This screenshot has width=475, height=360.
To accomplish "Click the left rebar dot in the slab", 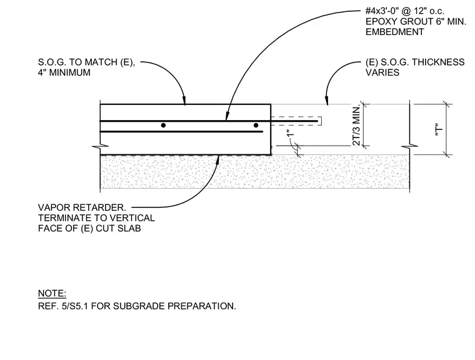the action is pyautogui.click(x=163, y=125).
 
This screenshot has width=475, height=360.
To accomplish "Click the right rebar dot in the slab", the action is pyautogui.click(x=256, y=125).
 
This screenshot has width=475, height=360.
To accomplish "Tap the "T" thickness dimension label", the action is pyautogui.click(x=439, y=129).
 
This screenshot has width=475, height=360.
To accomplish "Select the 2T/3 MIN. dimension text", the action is pyautogui.click(x=356, y=126).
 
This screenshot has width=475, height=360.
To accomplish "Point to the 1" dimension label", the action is pyautogui.click(x=290, y=133).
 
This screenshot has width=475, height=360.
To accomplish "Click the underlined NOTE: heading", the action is pyautogui.click(x=52, y=293).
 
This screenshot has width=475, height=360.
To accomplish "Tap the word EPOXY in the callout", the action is pyautogui.click(x=382, y=21).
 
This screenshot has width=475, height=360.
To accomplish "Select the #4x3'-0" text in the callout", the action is pyautogui.click(x=382, y=11).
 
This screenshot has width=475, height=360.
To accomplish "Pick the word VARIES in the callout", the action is pyautogui.click(x=382, y=72).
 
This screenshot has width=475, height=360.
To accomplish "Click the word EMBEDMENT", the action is pyautogui.click(x=395, y=32).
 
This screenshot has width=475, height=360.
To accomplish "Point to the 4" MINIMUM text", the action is pyautogui.click(x=64, y=72).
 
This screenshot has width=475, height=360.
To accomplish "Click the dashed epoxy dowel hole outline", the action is pyautogui.click(x=296, y=121).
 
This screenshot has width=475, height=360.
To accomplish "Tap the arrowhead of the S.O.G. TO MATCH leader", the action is pyautogui.click(x=184, y=101).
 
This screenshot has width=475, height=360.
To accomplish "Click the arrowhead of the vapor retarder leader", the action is pyautogui.click(x=217, y=159).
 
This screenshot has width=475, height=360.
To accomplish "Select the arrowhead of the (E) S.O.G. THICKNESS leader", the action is pyautogui.click(x=326, y=101).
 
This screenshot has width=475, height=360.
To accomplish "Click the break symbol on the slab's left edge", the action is pyautogui.click(x=100, y=147).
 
